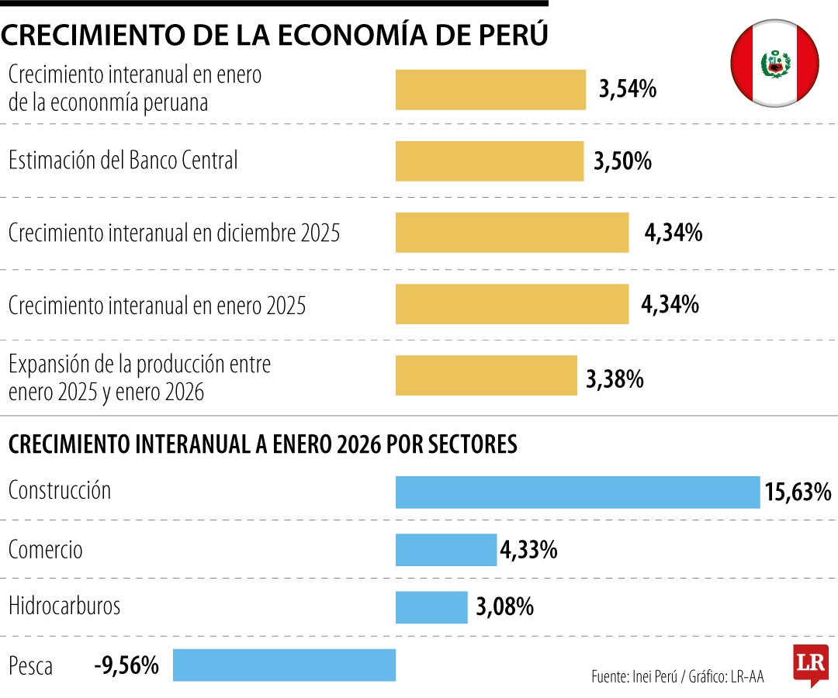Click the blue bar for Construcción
point(577,492)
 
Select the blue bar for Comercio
point(446,550)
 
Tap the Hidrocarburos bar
point(431,607)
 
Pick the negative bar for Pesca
point(284,665)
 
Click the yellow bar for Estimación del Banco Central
point(490,161)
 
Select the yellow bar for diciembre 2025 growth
point(512,233)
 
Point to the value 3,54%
point(628,89)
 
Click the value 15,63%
point(798,492)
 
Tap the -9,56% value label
point(126,665)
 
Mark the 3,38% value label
point(615,379)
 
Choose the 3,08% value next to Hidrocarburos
point(504,606)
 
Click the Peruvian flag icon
point(774,64)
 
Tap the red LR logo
point(810,664)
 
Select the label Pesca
point(30,665)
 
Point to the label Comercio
point(45,550)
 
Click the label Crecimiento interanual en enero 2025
point(157,306)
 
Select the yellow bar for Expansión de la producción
point(487,375)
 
